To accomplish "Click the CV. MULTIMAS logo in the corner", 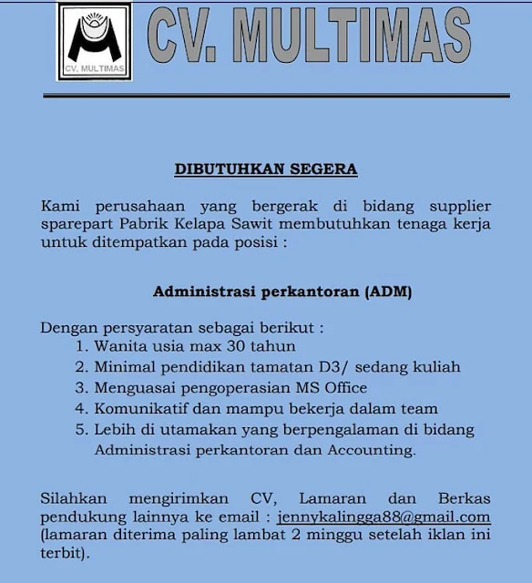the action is pos(95,43).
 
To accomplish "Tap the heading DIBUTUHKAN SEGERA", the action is pos(266,169).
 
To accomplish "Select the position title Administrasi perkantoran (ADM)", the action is pos(282,292).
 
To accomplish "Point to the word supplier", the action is pos(455,206).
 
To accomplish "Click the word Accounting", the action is pos(369,450).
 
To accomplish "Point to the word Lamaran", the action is pos(333,498).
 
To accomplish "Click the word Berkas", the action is pos(465,498).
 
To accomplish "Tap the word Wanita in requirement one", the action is pos(118,346).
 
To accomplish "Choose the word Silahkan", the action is pos(74,498).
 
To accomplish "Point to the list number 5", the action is pos(81,430).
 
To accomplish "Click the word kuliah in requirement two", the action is pos(436,367).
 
